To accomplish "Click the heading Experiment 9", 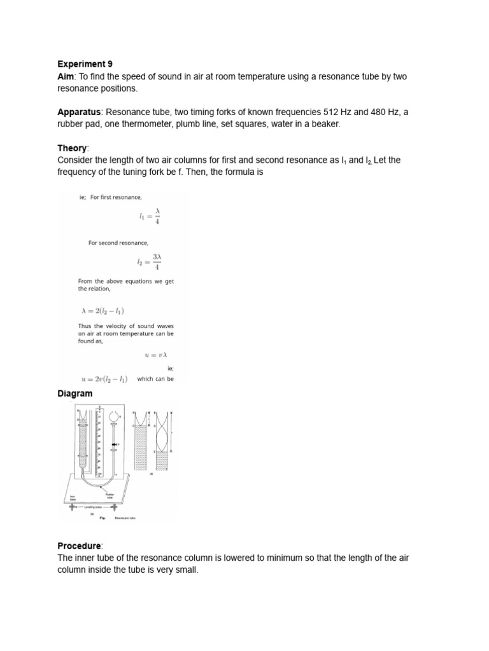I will click(85, 64).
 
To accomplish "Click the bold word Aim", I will click(66, 76).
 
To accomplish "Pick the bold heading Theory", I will click(71, 148).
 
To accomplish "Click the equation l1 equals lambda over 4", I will click(150, 218).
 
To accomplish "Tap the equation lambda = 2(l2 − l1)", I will click(103, 311).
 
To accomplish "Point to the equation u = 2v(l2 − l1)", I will click(104, 379).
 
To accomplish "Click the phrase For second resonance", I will click(118, 243).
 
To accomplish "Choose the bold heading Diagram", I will click(75, 394).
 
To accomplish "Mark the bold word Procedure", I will click(80, 546).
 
